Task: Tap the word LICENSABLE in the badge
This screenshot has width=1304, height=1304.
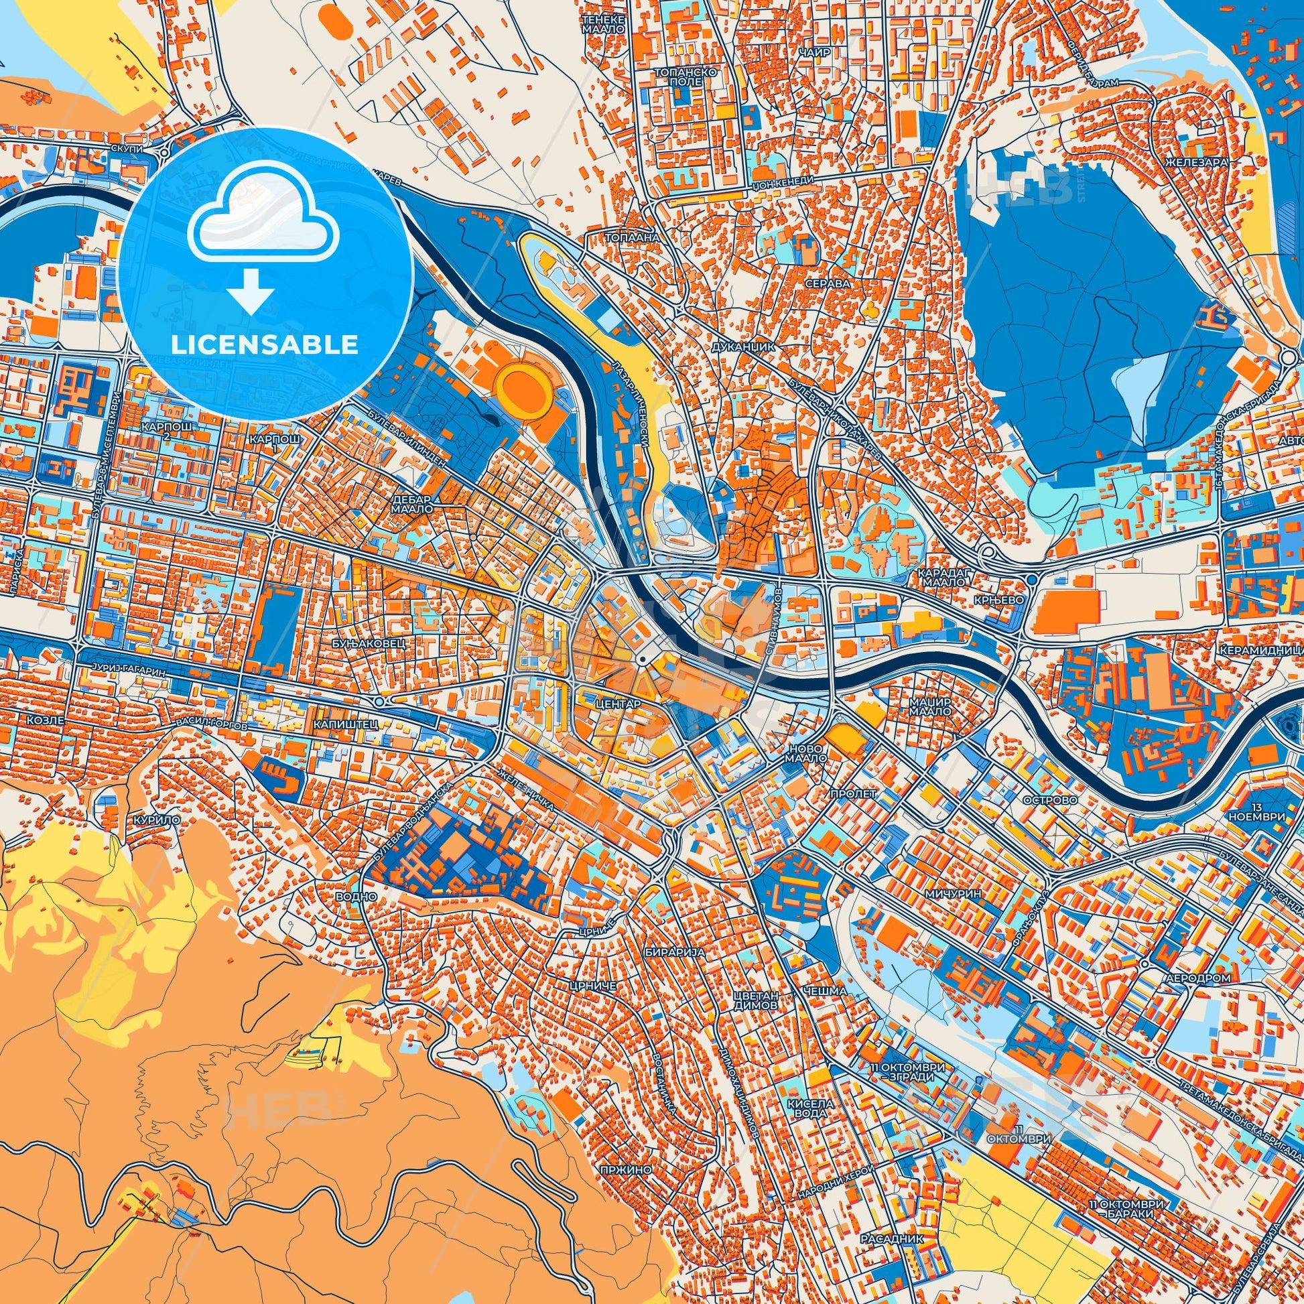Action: click(x=264, y=345)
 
